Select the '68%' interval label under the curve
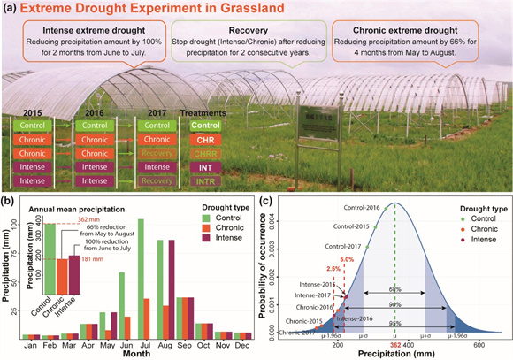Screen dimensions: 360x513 [397, 289]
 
